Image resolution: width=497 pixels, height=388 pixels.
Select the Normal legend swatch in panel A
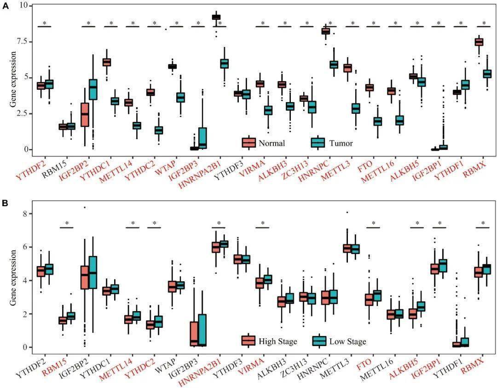coord(249,143)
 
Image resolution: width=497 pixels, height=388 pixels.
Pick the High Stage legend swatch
coord(249,341)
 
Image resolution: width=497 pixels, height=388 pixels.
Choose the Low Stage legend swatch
coord(319,341)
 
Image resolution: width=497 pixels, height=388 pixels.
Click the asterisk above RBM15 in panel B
coord(67,224)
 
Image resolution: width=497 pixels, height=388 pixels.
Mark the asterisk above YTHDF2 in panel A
coord(45,23)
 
